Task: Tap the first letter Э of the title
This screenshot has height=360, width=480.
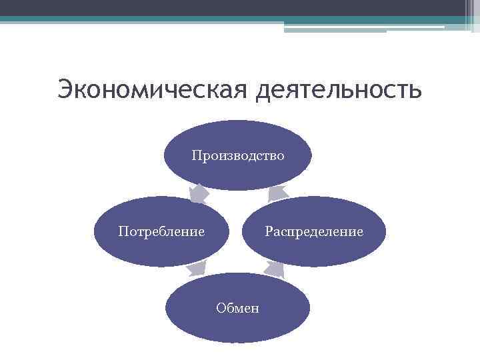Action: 65,89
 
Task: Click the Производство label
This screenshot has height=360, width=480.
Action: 237,156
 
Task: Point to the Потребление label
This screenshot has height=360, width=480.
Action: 161,231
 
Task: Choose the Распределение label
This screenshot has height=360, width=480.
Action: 313,231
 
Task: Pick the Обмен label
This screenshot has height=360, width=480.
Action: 237,308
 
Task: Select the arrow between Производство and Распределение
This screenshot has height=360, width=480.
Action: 277,193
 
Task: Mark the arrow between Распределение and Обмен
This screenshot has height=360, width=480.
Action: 275,269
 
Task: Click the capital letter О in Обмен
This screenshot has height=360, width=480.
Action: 221,308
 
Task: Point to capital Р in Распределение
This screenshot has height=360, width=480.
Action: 268,231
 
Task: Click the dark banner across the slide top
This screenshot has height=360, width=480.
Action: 233,7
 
